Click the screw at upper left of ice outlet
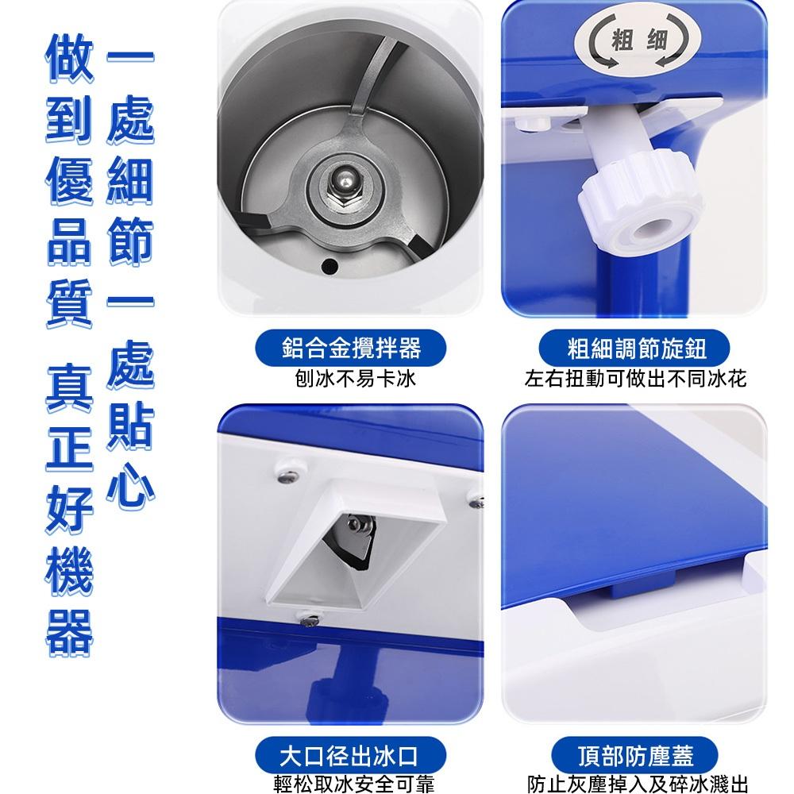coord(284,477)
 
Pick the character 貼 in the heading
coord(129,427)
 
